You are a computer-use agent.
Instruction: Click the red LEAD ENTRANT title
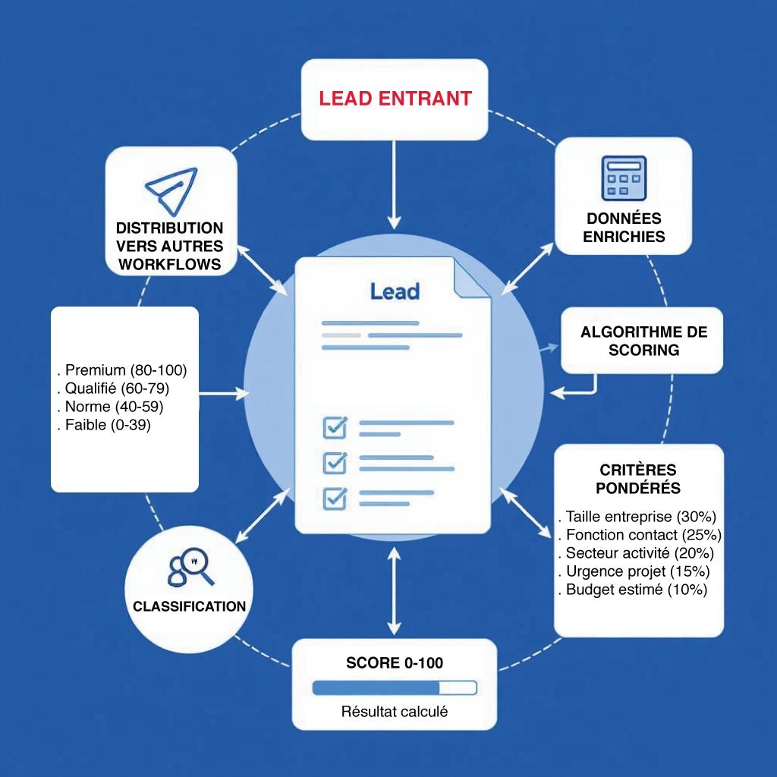pyautogui.click(x=395, y=99)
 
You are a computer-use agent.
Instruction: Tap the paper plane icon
pyautogui.click(x=171, y=189)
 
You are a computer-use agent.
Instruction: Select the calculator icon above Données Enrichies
pyautogui.click(x=623, y=179)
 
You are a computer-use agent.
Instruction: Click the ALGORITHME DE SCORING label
pyautogui.click(x=643, y=341)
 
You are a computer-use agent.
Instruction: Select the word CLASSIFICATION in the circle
pyautogui.click(x=189, y=606)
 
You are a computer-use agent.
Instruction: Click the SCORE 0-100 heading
pyautogui.click(x=395, y=662)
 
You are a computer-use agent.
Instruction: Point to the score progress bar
pyautogui.click(x=395, y=688)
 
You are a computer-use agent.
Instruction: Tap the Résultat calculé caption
pyautogui.click(x=395, y=712)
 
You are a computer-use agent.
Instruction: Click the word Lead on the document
pyautogui.click(x=395, y=291)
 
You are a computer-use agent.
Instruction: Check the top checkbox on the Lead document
pyautogui.click(x=335, y=427)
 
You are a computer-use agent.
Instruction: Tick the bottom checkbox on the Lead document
pyautogui.click(x=335, y=498)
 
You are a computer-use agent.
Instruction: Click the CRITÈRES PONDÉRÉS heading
pyautogui.click(x=638, y=479)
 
